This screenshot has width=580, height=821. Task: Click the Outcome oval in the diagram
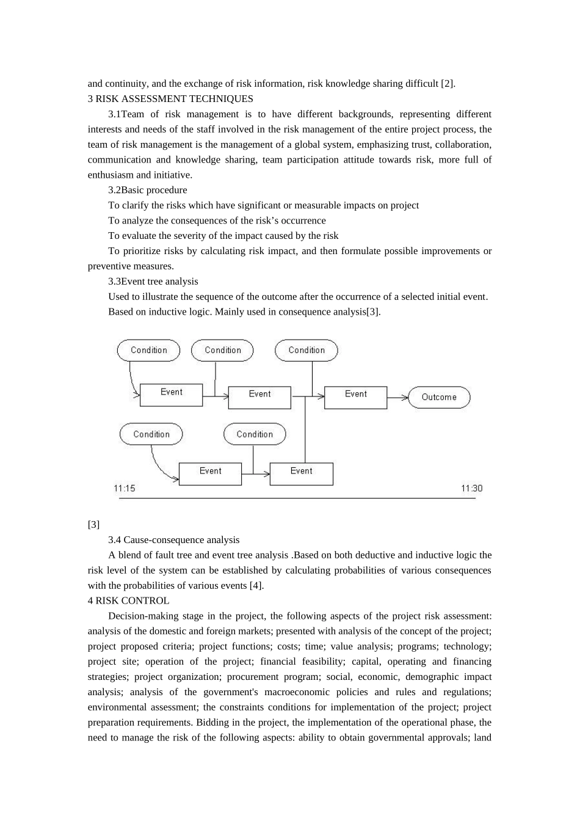coord(439,397)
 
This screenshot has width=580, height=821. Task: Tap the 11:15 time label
coord(125,488)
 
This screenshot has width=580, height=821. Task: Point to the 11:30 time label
coord(471,488)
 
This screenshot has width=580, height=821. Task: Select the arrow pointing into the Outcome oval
coord(398,398)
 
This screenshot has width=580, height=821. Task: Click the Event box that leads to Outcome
coord(355,397)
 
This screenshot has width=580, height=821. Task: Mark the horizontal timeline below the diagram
coord(297,498)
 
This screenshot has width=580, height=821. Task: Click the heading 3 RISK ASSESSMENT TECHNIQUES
coord(170,99)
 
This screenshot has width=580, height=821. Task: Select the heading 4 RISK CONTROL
coord(129,600)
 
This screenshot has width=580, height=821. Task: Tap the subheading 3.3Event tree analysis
coord(153,282)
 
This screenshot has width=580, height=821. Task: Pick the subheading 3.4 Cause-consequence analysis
coord(174,540)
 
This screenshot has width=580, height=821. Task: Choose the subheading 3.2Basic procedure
coord(148,190)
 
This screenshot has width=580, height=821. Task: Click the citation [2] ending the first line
coord(448,84)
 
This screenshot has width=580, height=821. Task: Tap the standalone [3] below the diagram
coord(93,525)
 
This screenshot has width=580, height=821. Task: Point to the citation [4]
coord(256,586)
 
